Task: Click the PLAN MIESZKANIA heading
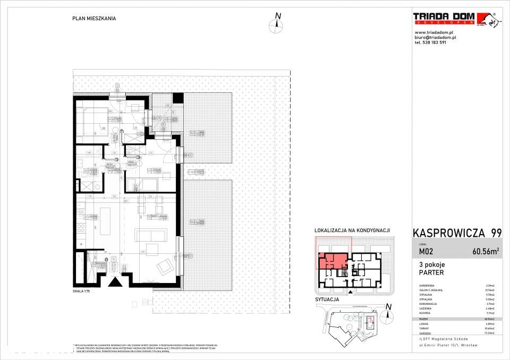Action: pyautogui.click(x=94, y=18)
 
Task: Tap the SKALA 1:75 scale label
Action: pyautogui.click(x=83, y=292)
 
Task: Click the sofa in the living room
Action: pyautogui.click(x=152, y=235)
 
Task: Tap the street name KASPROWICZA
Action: pyautogui.click(x=445, y=233)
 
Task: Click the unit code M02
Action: pyautogui.click(x=426, y=252)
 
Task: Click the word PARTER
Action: pyautogui.click(x=431, y=273)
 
